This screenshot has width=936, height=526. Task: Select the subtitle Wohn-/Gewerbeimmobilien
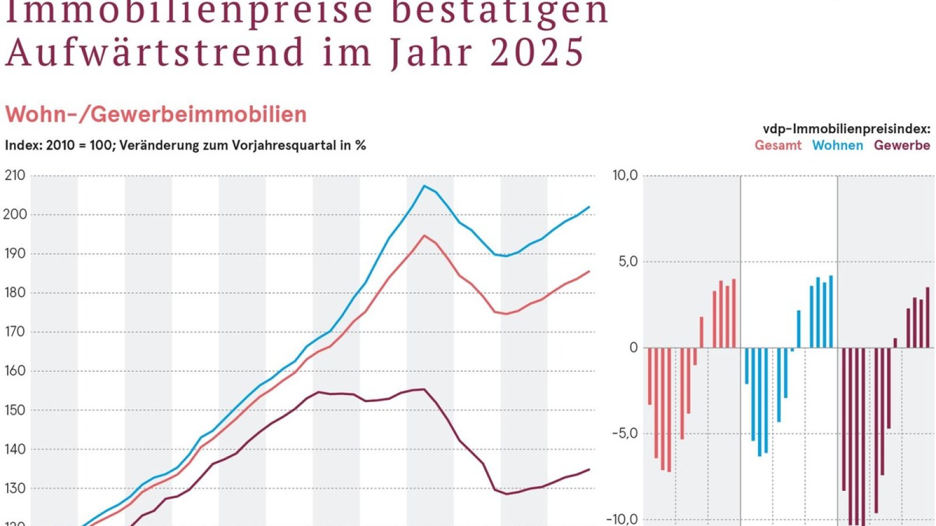pyautogui.click(x=156, y=115)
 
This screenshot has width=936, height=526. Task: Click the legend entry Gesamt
pyautogui.click(x=777, y=146)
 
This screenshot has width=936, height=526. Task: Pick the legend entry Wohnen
pyautogui.click(x=837, y=146)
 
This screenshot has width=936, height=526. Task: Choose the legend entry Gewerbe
pyautogui.click(x=901, y=146)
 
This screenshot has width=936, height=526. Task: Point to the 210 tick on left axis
pyautogui.click(x=15, y=175)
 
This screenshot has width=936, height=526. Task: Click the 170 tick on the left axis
pyautogui.click(x=15, y=332)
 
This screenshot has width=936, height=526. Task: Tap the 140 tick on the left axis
pyautogui.click(x=15, y=449)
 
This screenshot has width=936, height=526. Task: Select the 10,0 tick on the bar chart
pyautogui.click(x=624, y=175)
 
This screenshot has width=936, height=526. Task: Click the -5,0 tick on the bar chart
pyautogui.click(x=624, y=434)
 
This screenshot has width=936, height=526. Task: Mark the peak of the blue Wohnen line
pyautogui.click(x=425, y=186)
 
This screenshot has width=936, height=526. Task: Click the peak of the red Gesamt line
pyautogui.click(x=425, y=236)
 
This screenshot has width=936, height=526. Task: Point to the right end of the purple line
pyautogui.click(x=589, y=469)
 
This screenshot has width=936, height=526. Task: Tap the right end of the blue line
pyautogui.click(x=589, y=207)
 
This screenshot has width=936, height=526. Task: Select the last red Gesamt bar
pyautogui.click(x=734, y=313)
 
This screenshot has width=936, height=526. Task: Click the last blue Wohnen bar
pyautogui.click(x=831, y=312)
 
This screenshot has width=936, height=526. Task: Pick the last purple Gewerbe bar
pyautogui.click(x=927, y=317)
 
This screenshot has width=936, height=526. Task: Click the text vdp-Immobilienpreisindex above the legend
pyautogui.click(x=846, y=129)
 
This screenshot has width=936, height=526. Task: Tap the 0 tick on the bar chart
pyautogui.click(x=634, y=348)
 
